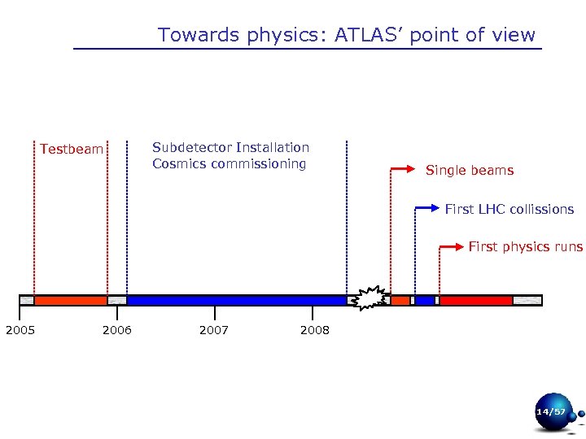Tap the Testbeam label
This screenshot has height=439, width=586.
(x=72, y=150)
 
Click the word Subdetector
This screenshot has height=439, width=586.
(x=191, y=147)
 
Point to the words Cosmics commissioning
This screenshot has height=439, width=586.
(x=229, y=163)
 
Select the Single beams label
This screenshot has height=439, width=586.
(x=470, y=171)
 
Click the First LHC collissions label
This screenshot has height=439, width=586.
(x=509, y=209)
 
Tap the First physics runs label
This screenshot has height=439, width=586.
(x=525, y=246)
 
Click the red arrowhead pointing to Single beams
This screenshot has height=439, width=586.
(x=411, y=169)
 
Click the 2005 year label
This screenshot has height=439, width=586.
(x=20, y=330)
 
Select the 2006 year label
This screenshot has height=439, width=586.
(x=117, y=330)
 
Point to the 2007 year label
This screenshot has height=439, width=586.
(x=214, y=330)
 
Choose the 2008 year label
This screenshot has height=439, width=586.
(x=314, y=330)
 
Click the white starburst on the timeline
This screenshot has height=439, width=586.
(x=370, y=298)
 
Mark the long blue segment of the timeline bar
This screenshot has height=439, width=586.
(x=236, y=300)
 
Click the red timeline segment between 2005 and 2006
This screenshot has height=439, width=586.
(x=70, y=300)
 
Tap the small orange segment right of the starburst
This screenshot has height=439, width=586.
(x=400, y=300)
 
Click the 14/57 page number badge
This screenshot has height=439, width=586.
(x=551, y=412)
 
